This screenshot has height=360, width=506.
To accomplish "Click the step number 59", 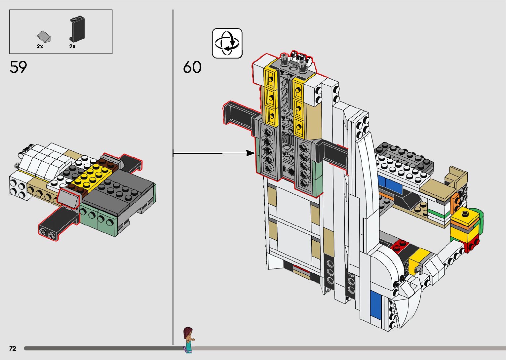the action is tap(18, 67).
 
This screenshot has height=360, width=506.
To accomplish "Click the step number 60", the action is tap(192, 67).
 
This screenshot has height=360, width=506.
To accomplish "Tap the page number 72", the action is tap(13, 348).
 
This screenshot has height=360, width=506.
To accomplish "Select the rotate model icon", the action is tap(227, 43).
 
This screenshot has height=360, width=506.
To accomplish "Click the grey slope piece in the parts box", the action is tap(44, 36).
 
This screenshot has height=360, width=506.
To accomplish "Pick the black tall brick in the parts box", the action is tap(77, 28).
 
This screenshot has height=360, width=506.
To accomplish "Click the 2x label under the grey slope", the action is tap(40, 47).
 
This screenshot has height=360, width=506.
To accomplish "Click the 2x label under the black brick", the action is tap(72, 47).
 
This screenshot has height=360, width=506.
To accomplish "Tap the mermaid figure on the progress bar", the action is tap(188, 339).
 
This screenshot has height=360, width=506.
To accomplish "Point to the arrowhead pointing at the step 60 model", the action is tap(250, 153).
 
